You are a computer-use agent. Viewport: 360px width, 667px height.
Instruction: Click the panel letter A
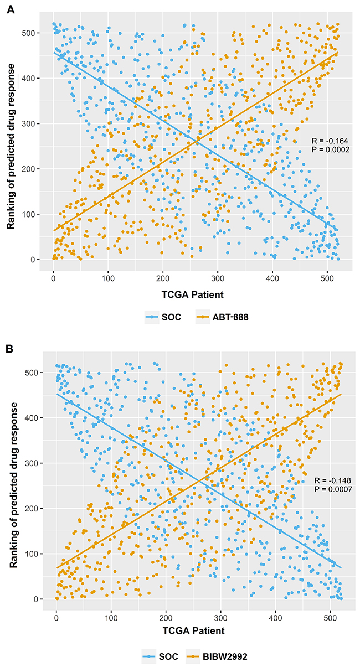(x=8, y=11)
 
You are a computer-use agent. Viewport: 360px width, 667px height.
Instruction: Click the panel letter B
(x=8, y=350)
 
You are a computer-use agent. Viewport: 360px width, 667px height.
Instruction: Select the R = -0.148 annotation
(x=332, y=480)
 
